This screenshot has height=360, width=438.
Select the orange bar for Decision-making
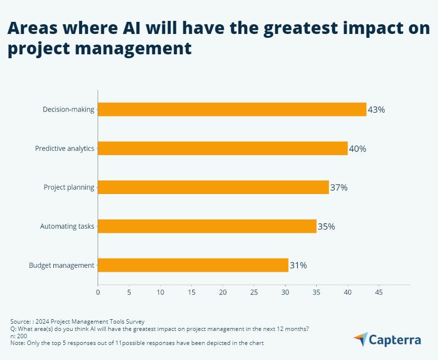232,109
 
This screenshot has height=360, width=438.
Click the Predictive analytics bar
223,148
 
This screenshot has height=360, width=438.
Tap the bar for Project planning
213,187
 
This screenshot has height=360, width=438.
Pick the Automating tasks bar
207,226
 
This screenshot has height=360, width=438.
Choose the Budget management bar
193,265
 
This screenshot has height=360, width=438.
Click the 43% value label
376,110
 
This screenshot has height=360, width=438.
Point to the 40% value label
357,149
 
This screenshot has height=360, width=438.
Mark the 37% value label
339,188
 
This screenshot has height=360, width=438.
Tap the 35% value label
326,227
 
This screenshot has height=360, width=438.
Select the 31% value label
298,265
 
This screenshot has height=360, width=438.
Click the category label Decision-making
68,109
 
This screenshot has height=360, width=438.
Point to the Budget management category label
62,265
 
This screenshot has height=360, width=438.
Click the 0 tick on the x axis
98,293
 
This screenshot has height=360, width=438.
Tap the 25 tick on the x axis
254,293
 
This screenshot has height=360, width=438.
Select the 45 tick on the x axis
379,293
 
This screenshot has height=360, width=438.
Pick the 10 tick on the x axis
160,293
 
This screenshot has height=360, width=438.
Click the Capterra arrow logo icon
360,339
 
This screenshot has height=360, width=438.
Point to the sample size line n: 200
18,336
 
